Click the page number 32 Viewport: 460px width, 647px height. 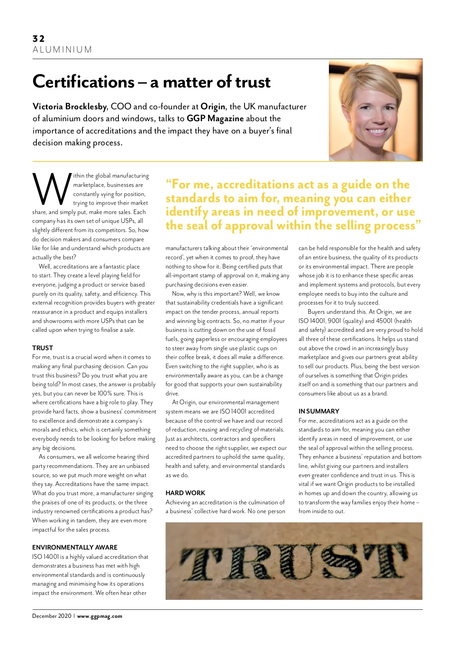coord(38,39)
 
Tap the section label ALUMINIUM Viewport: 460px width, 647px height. coord(62,50)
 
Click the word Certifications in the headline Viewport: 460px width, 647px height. coord(84,82)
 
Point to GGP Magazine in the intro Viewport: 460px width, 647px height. coord(215,119)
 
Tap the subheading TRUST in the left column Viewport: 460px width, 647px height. coord(43,348)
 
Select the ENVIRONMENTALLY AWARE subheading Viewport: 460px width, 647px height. coord(75,547)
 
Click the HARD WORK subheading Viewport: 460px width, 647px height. coord(185,493)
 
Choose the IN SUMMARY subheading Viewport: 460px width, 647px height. coord(319,411)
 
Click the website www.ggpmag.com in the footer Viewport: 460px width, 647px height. coord(100,616)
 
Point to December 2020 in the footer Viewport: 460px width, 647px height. coord(52,616)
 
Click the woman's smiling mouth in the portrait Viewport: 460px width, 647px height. coord(376,131)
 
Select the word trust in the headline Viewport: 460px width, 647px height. coord(253,82)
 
